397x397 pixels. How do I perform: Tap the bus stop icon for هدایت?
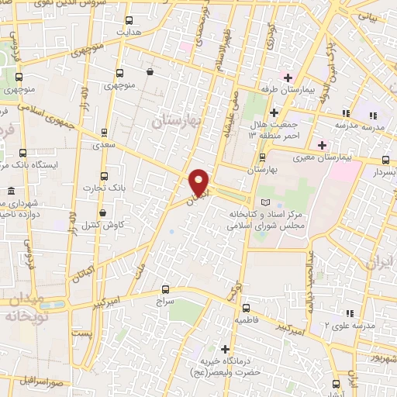click(129, 21)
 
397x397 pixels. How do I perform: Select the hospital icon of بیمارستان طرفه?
click(288, 78)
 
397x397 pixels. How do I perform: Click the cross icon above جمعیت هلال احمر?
click(274, 112)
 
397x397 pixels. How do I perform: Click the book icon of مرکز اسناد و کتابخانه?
click(266, 202)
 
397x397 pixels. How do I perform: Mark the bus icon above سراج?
click(164, 287)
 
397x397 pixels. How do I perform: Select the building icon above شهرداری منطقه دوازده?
click(12, 192)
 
